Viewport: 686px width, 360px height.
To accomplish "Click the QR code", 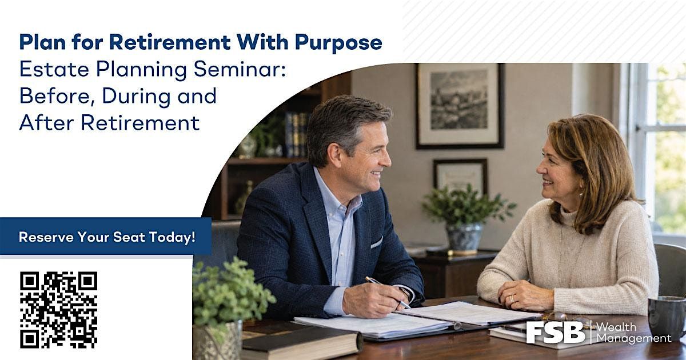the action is pos(59,310).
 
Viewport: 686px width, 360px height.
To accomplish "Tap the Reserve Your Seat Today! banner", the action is pos(106,236).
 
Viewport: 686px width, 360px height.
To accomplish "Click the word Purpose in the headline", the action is pos(338,42).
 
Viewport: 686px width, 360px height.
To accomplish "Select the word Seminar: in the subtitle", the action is pos(240,70).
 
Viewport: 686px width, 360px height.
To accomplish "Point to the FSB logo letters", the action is pos(556,332).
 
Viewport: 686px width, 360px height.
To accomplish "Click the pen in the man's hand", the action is pos(388,293).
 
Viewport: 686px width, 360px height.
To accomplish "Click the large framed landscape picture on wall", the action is pos(460,106).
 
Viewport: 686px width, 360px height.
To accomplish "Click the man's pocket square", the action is pos(376,243).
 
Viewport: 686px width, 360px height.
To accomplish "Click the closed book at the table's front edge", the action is pos(302,343).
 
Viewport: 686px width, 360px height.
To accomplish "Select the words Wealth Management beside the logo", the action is pos(633,333).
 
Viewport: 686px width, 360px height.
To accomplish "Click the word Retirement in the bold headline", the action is pos(170,42).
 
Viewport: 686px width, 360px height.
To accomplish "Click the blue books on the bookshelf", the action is pos(296,135).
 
